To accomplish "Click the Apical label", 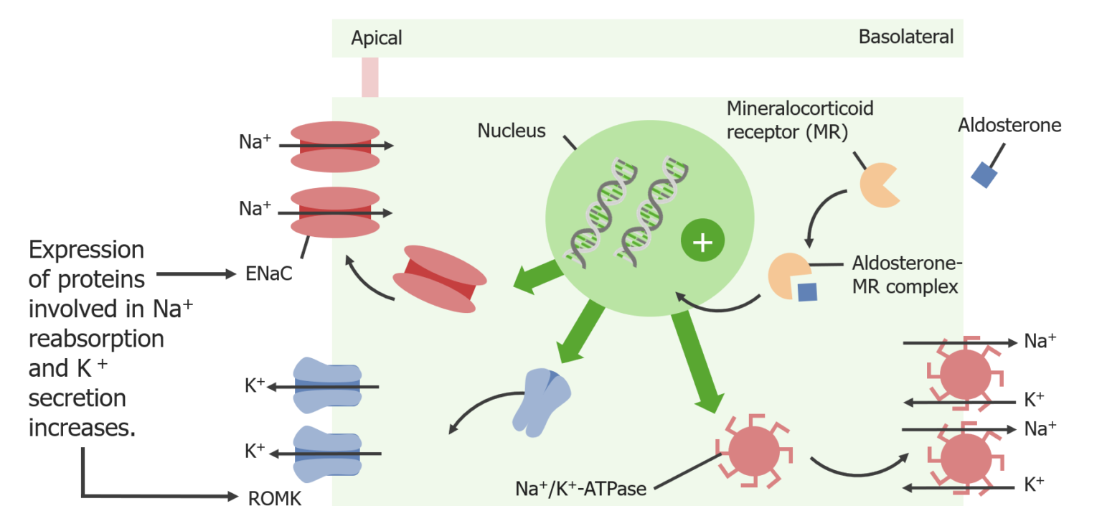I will click(x=376, y=38).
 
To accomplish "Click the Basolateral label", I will click(x=905, y=37).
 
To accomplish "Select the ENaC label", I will click(x=269, y=273).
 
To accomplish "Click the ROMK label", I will click(x=274, y=497).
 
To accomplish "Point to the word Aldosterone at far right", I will click(x=1009, y=126).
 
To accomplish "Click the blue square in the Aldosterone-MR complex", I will click(x=807, y=291).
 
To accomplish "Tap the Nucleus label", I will click(x=512, y=131).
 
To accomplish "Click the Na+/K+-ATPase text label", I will click(x=581, y=489).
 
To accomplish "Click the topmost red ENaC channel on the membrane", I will click(x=335, y=146).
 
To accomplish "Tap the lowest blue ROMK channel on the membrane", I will click(x=327, y=454).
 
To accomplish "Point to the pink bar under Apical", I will click(x=369, y=77).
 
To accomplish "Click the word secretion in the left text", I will click(x=77, y=397).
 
